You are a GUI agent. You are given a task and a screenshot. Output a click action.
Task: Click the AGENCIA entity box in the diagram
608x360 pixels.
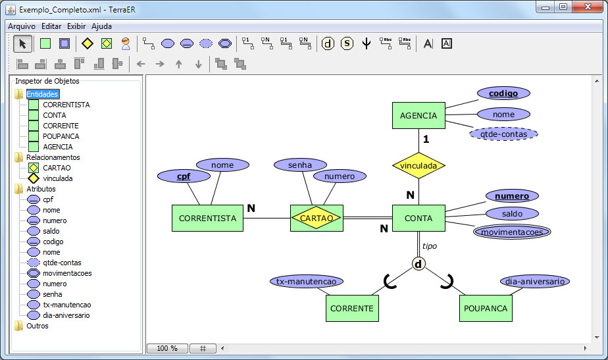click(x=418, y=115)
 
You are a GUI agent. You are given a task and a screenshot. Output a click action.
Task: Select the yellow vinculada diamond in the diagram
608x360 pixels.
click(x=418, y=166)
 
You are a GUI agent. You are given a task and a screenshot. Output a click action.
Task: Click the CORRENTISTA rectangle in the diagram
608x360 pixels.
click(x=207, y=218)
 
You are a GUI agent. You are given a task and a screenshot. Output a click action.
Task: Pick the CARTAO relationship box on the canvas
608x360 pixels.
click(x=317, y=218)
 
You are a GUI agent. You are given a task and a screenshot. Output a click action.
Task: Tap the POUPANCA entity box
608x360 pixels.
click(x=486, y=308)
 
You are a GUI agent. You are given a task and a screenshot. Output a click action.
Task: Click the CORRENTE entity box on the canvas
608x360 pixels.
click(x=352, y=308)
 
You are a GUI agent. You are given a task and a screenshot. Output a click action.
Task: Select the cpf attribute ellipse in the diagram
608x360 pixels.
click(x=184, y=176)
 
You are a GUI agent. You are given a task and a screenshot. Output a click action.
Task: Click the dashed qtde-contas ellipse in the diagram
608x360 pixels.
click(x=503, y=134)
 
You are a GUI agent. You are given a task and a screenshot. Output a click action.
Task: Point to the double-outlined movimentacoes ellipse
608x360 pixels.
click(x=512, y=232)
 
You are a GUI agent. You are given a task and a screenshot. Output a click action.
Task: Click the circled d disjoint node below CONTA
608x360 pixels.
click(x=418, y=264)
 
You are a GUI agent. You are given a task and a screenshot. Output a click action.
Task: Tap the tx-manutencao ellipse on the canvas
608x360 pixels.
click(x=307, y=281)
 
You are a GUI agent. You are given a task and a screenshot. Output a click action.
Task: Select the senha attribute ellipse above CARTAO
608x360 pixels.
click(x=300, y=165)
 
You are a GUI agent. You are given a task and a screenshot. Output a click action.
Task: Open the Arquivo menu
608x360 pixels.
click(x=22, y=26)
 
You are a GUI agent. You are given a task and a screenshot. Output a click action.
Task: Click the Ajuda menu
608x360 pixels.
click(x=101, y=26)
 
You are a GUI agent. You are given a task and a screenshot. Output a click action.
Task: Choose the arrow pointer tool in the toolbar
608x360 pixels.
click(x=22, y=43)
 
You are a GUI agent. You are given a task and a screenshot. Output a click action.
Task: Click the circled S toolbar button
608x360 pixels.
click(x=347, y=43)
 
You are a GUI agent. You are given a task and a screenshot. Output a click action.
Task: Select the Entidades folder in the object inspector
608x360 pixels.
click(x=42, y=94)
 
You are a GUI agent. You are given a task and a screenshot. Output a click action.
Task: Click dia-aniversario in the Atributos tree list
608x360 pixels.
click(x=66, y=315)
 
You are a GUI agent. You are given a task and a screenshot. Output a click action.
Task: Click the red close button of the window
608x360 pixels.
click(x=588, y=7)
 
